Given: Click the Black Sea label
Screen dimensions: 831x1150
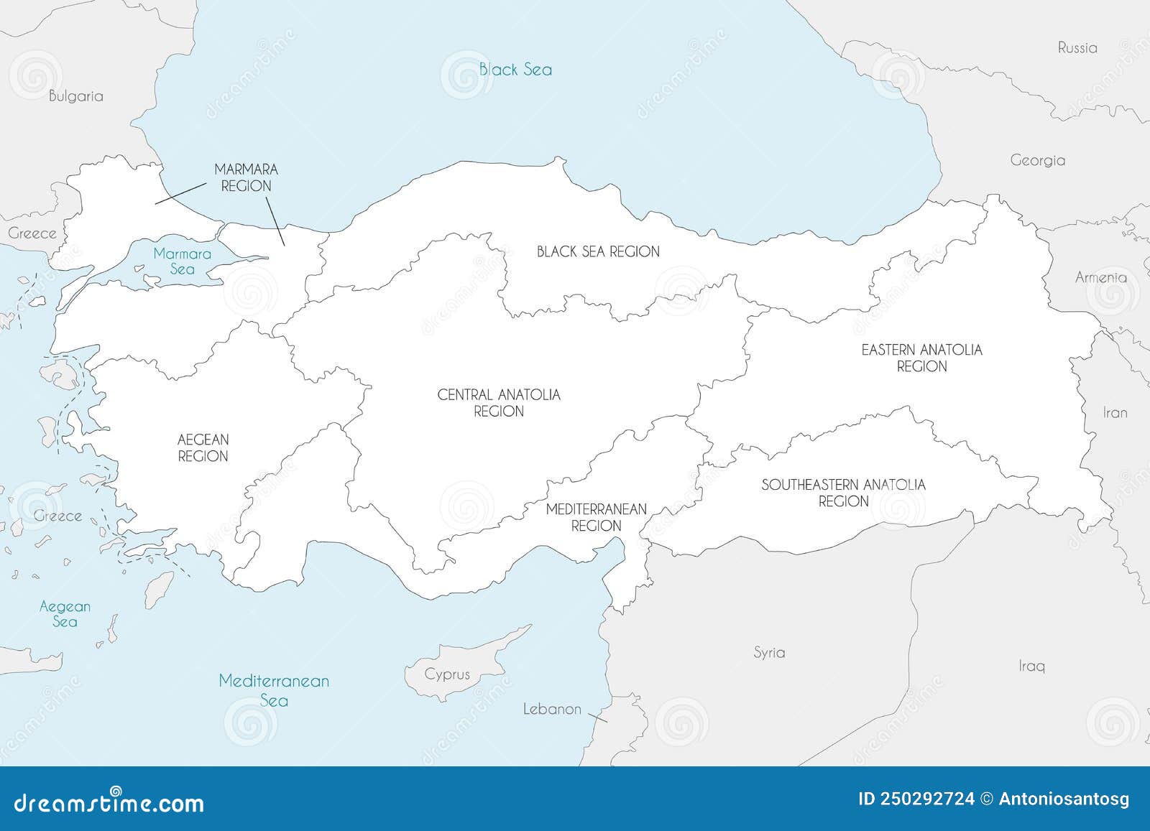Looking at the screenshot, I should (x=515, y=70).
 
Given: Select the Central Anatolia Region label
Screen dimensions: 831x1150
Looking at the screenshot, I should (x=499, y=403).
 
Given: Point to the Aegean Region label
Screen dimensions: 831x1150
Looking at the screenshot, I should (x=203, y=447).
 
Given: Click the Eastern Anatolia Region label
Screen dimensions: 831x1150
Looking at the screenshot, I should (x=921, y=358).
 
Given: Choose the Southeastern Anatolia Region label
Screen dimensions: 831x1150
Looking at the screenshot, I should (x=843, y=493).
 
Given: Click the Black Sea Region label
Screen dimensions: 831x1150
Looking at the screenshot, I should (x=598, y=251).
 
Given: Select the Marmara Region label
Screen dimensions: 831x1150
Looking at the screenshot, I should (x=246, y=177).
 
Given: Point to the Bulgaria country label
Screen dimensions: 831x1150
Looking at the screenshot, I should (x=76, y=96).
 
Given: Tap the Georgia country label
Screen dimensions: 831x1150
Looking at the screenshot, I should (x=1037, y=161).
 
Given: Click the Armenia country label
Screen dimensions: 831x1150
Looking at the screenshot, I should (x=1100, y=277).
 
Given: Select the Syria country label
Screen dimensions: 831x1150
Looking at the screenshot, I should (x=769, y=653).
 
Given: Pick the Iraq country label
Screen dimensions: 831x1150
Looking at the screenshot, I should (x=1031, y=666).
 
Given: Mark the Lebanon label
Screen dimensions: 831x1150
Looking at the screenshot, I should (x=552, y=709).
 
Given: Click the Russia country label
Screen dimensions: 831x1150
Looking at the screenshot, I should (x=1077, y=48).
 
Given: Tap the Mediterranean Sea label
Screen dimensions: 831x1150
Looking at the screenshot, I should (x=274, y=690).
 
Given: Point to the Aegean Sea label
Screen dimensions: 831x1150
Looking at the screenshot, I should (x=65, y=613).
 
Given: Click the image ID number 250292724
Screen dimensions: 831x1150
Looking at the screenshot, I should (x=926, y=799).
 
